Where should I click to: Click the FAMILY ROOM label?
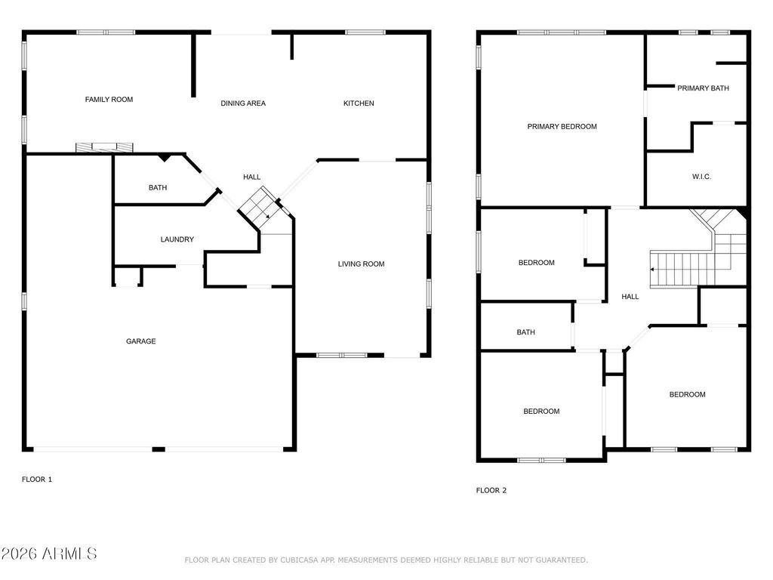tap(109, 100)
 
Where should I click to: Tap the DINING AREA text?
tap(243, 103)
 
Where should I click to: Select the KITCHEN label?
tap(359, 103)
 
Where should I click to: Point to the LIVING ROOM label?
tap(361, 264)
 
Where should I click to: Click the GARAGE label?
tap(141, 341)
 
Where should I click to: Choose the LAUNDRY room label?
tap(177, 239)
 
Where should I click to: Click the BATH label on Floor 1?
tap(158, 188)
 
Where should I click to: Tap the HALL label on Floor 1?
tap(251, 177)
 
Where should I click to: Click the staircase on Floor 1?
tap(259, 205)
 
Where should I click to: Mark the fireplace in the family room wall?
tap(104, 147)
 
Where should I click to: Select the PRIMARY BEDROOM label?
tap(562, 127)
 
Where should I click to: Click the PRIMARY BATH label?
tap(703, 88)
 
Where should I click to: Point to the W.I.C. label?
tap(701, 177)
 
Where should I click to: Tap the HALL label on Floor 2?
tap(630, 297)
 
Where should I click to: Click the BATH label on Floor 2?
tap(525, 332)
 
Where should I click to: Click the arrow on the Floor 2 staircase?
tap(654, 268)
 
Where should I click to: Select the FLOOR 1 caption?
tap(37, 479)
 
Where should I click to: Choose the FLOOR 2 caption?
tap(491, 490)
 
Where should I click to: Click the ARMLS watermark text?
tap(49, 554)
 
